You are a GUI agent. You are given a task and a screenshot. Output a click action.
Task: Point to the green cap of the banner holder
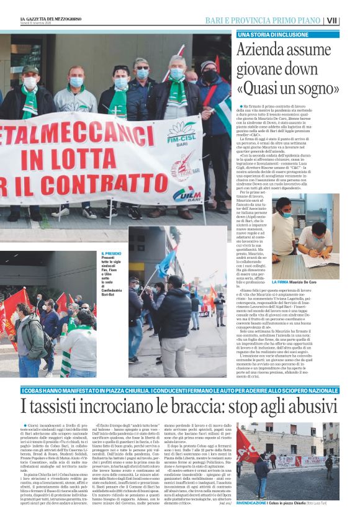[30, 70]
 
